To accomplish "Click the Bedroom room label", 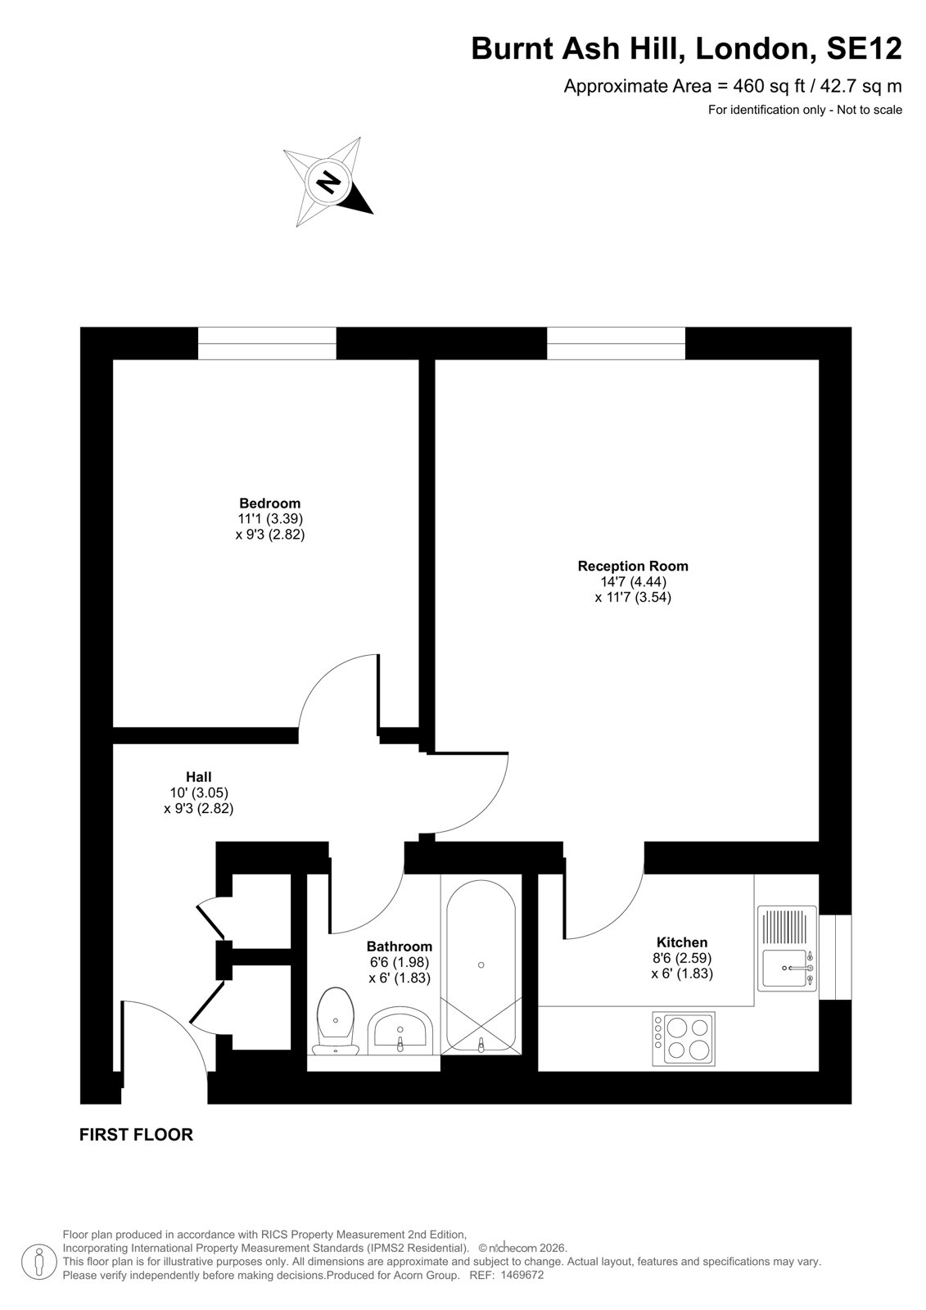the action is tap(269, 503).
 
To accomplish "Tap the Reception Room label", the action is tap(633, 566).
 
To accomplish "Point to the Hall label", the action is tap(199, 777).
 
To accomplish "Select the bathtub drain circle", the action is tap(481, 965).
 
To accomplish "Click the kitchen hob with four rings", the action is tap(683, 1039).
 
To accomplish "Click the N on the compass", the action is tap(328, 183).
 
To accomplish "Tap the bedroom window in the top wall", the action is tap(267, 343).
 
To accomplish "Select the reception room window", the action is tap(616, 343).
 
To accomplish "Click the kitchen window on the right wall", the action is tap(835, 957).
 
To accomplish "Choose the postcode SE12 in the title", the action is tap(864, 48).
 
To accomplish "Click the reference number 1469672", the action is tap(522, 1275).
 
